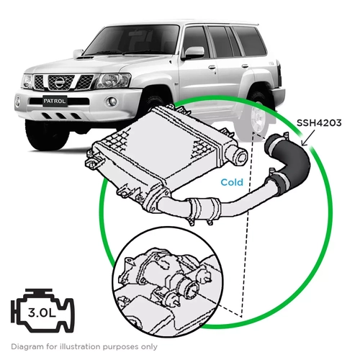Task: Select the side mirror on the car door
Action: pyautogui.click(x=192, y=53)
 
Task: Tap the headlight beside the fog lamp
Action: pyautogui.click(x=113, y=80)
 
